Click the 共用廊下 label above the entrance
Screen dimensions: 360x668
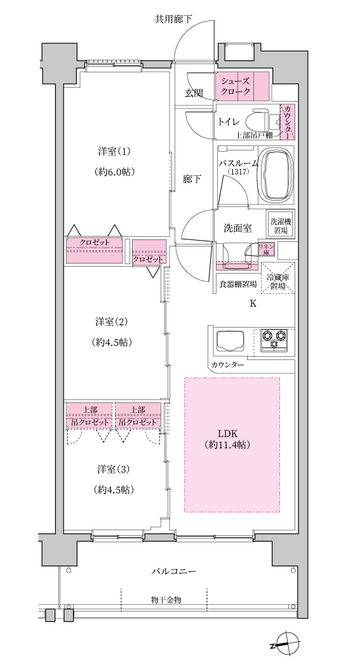(x=173, y=19)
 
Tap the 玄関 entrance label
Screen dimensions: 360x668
(x=194, y=93)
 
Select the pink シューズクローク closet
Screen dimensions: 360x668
(x=243, y=86)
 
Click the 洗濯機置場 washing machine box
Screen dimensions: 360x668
(x=280, y=225)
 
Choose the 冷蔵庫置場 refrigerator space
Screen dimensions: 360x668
(x=277, y=277)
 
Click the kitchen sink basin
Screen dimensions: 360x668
(x=231, y=340)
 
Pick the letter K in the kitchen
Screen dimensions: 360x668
(x=253, y=304)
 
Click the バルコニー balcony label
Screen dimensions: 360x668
(x=174, y=571)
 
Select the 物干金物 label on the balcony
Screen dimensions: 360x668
(x=166, y=599)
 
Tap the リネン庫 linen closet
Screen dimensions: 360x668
(x=265, y=250)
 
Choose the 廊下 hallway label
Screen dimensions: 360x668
(x=192, y=179)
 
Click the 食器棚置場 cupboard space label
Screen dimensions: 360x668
(x=238, y=284)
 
